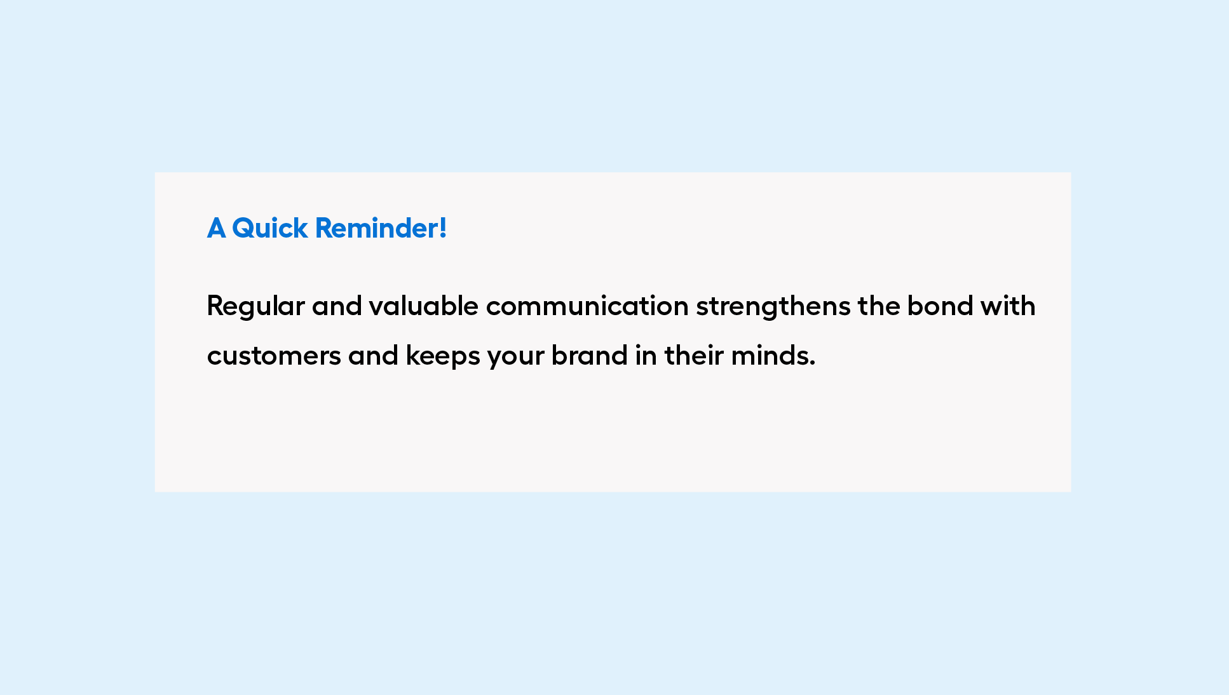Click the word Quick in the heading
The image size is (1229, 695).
[270, 229]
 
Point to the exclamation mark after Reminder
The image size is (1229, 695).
[442, 228]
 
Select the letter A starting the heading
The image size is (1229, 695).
[216, 228]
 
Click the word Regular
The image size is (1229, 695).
[255, 307]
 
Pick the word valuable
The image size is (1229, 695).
[423, 306]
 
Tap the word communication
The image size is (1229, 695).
[587, 306]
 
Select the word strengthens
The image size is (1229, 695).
[773, 307]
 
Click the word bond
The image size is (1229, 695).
[940, 306]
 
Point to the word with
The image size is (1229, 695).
[1007, 306]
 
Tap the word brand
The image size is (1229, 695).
[589, 355]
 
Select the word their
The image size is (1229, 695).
[693, 355]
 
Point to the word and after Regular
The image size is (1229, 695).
[336, 306]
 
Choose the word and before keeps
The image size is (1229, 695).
[373, 355]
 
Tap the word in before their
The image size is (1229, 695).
[646, 355]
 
